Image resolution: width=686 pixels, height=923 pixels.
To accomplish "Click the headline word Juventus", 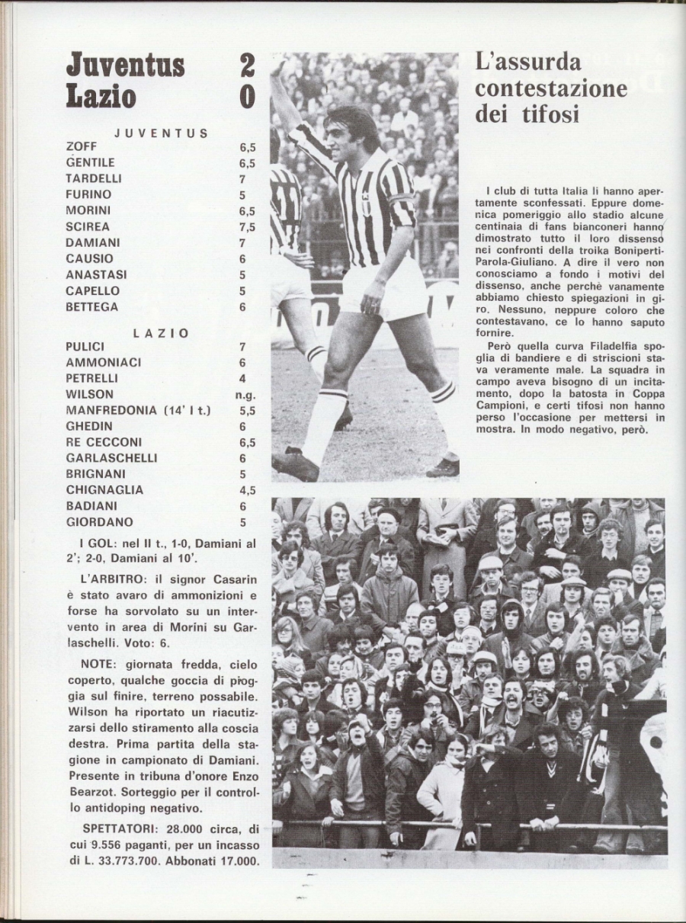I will click(x=126, y=66).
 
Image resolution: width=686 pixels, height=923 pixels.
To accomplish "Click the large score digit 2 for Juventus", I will click(x=247, y=66).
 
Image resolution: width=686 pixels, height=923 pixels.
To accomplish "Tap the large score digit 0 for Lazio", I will click(x=247, y=98).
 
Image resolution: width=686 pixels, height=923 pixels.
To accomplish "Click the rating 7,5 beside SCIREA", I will click(x=247, y=226).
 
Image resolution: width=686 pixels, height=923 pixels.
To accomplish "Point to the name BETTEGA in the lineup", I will click(x=91, y=306).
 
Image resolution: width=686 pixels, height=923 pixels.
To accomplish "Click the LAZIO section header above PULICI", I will click(x=161, y=333).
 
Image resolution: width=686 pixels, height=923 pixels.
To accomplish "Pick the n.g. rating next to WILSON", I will click(x=245, y=395).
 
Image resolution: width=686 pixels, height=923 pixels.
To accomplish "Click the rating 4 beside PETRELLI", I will click(x=243, y=379).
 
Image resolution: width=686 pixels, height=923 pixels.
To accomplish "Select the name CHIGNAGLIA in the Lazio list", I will click(x=104, y=490).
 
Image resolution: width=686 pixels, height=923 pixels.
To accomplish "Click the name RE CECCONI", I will click(x=104, y=442).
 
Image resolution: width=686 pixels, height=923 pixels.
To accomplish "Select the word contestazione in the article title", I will click(x=551, y=88).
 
